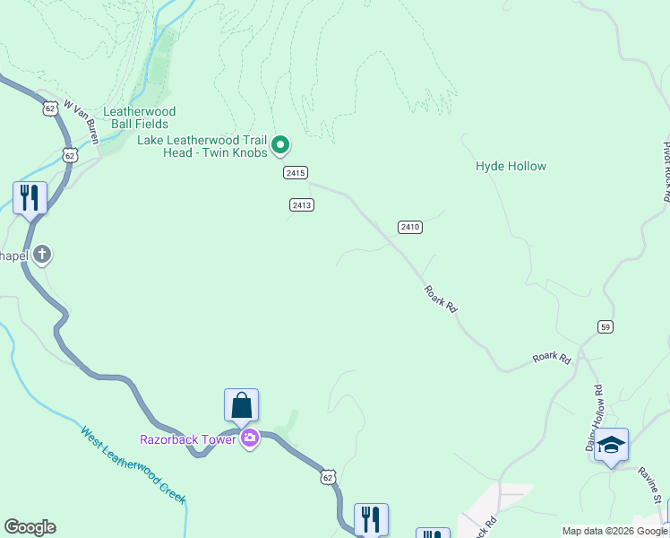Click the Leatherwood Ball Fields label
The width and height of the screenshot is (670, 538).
pos(140,117)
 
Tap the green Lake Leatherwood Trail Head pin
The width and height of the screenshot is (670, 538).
pos(280,143)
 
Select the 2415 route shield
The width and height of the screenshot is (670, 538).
pos(296,172)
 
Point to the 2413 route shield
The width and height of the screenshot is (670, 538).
pos(301,205)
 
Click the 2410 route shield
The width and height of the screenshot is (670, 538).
pos(410,227)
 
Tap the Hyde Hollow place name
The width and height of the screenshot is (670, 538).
pos(511,166)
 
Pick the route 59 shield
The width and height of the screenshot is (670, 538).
pos(606,326)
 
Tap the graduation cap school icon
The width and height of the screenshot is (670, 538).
pos(611,446)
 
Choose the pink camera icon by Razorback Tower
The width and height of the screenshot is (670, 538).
pos(249,438)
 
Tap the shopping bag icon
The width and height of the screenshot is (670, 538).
pos(242,405)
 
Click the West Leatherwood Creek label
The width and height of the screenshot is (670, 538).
pos(133,464)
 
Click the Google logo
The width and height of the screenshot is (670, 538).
pos(30,527)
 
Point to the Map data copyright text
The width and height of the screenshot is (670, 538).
pos(614,531)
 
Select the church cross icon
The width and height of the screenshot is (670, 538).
pos(41,256)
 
